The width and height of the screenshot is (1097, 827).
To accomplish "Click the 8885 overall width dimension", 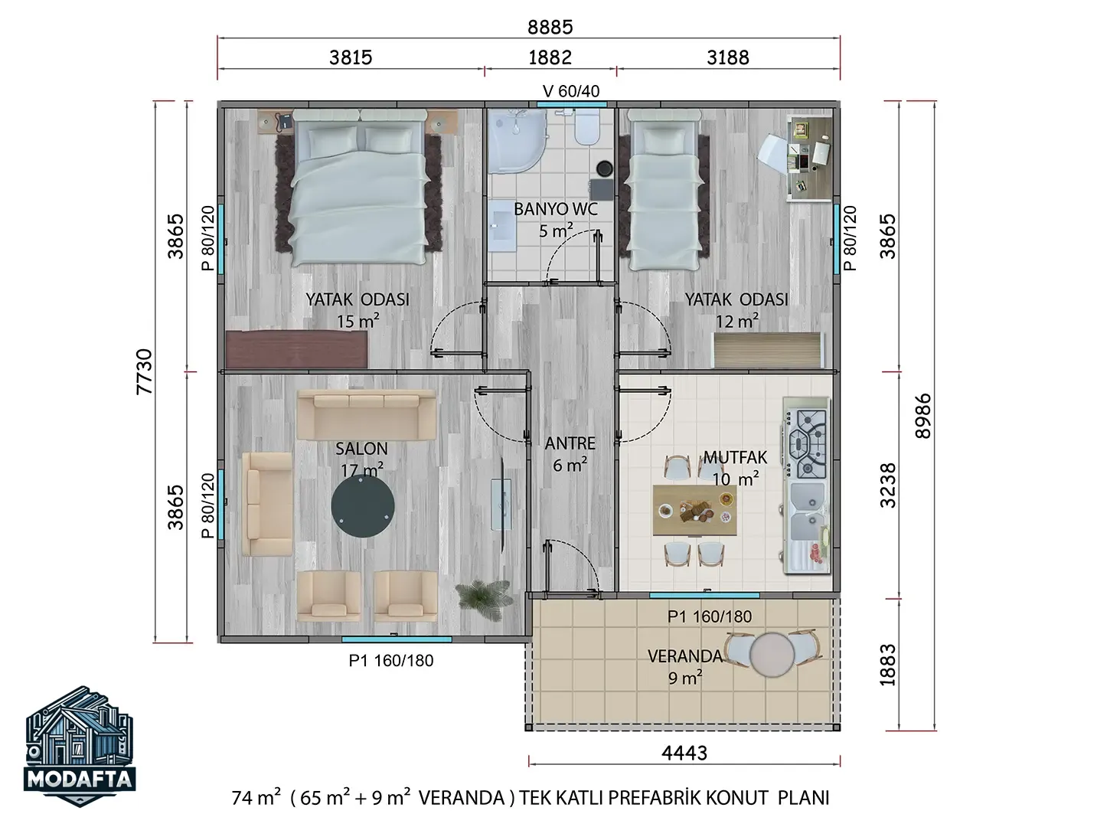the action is coord(550,27).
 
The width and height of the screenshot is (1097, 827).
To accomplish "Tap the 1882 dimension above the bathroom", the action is coord(550,57).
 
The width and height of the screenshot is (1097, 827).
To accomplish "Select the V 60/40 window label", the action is coord(571,91).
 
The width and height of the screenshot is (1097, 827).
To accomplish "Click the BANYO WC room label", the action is coord(555,209).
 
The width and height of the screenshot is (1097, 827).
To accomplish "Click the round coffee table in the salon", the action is coord(362,505).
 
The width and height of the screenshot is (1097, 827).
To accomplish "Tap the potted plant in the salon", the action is coord(483,600).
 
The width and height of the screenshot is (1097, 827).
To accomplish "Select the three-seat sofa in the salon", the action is coord(367,415).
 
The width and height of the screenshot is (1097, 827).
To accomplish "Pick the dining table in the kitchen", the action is coord(694,510).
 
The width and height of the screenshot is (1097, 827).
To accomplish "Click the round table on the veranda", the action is coord(772,655).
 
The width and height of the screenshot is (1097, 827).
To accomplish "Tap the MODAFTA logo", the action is coord(80,746).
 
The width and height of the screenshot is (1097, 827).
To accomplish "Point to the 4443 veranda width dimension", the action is coord(684,753).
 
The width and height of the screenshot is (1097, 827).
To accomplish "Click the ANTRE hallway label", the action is coord(570,443).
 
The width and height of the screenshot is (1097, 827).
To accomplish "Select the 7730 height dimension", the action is coord(145,372).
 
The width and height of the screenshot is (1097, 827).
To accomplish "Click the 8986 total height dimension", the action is coord(923,416).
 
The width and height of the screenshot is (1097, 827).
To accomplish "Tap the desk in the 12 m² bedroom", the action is coord(810,158).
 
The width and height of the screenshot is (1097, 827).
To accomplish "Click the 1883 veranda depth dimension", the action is coord(887,665).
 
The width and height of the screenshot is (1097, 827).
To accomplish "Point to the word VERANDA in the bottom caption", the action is coord(461,798).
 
